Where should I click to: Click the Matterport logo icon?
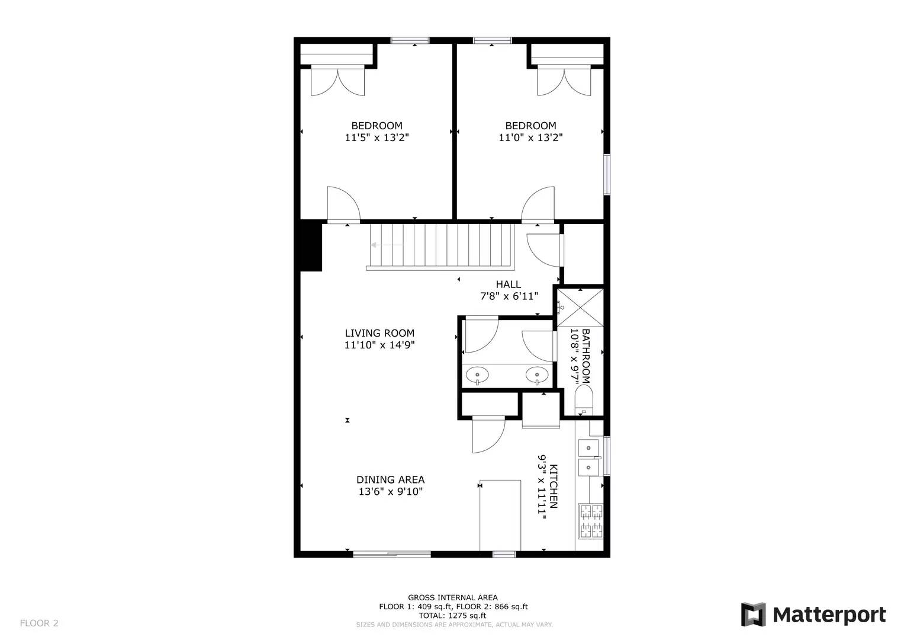pos(753,615)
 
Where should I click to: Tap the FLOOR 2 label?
pos(39,623)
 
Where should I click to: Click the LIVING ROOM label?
pos(379,333)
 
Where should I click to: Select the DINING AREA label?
pos(390,480)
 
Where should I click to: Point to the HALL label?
pos(509,284)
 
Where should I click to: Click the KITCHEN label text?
pos(554,486)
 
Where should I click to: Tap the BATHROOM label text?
pos(585,356)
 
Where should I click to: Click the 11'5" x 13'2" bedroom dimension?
pos(377,137)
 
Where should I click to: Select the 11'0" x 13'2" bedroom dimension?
pos(530,137)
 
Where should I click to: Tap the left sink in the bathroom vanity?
pos(477,375)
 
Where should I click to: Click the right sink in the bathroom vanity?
pos(536,375)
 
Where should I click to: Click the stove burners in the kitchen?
pos(590,521)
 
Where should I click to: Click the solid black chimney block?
pos(311,246)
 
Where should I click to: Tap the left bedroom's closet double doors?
pos(337,81)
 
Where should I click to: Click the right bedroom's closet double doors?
pos(564,81)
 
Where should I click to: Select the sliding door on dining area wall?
pos(392,554)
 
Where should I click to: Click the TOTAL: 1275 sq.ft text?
pos(452,616)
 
